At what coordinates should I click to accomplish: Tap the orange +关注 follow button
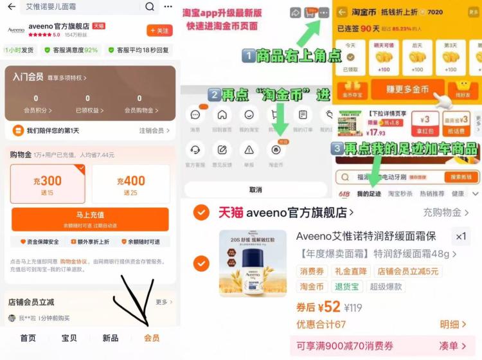(159, 31)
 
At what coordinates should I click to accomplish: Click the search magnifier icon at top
(150, 7)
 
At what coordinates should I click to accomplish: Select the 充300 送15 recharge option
(48, 184)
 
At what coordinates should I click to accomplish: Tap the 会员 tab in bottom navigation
(152, 338)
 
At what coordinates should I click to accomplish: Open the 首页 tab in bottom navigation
(28, 338)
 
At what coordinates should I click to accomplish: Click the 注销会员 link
(155, 131)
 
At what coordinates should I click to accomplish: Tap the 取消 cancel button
(255, 190)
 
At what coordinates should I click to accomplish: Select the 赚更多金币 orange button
(389, 90)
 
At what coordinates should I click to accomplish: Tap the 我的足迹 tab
(369, 194)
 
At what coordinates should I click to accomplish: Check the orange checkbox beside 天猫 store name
(201, 212)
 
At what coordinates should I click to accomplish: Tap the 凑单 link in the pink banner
(452, 346)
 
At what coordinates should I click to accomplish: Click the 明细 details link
(453, 324)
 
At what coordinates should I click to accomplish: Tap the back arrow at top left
(11, 7)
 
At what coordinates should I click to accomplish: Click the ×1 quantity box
(460, 237)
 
